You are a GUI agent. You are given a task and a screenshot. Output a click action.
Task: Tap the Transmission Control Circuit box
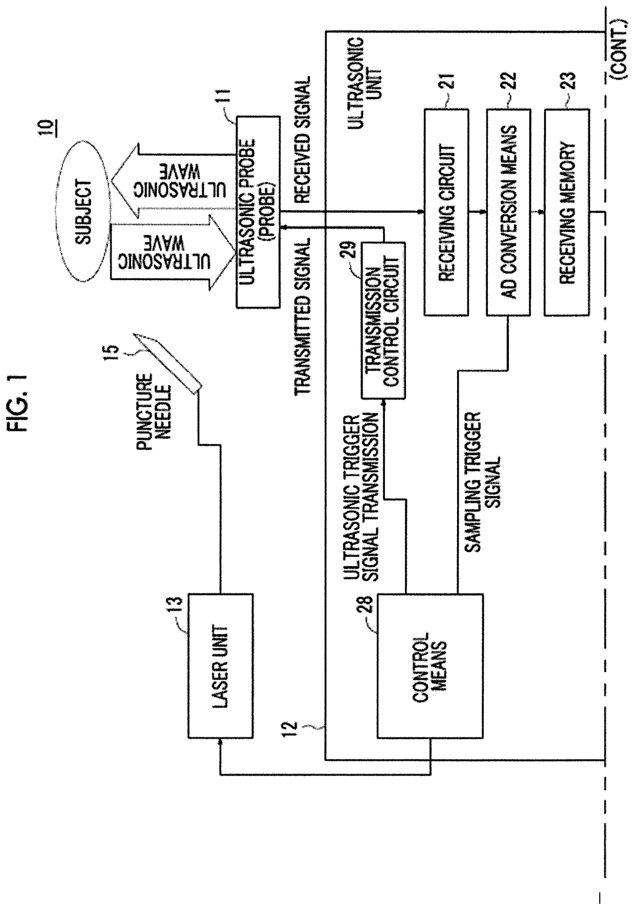click(x=383, y=320)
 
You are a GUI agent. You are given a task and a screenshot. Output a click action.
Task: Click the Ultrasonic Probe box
click(x=258, y=212)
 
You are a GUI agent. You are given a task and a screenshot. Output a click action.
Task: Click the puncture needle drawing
click(x=166, y=362)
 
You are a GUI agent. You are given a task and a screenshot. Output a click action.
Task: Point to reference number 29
click(x=352, y=254)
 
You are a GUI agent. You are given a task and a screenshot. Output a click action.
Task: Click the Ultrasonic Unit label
click(x=360, y=82)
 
